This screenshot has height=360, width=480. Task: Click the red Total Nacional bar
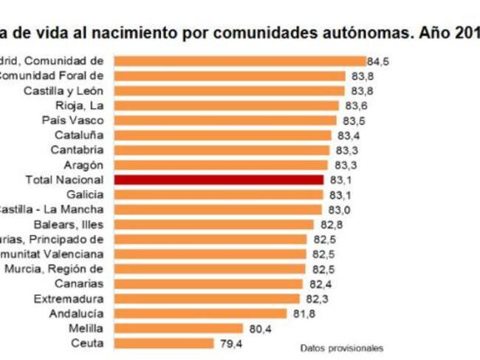pos(219,180)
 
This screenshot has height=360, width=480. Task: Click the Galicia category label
pos(84,194)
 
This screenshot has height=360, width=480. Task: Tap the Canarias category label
pos(79,284)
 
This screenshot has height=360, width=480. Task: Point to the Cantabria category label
pos(79,150)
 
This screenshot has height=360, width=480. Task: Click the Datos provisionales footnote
pos(342,347)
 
